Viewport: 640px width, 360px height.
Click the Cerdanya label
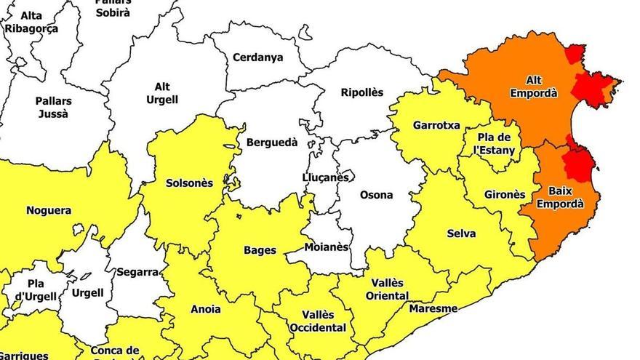tap(258, 57)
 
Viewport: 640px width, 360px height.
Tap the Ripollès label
tap(361, 92)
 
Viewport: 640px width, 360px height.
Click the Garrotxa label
tap(436, 125)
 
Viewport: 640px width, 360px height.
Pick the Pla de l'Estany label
tap(495, 144)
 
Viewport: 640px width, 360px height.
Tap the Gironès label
tap(504, 195)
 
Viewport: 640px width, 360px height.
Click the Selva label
tap(461, 233)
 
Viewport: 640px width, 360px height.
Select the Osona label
tap(376, 195)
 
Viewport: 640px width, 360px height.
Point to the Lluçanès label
tap(325, 177)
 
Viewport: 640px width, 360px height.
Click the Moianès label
tap(324, 247)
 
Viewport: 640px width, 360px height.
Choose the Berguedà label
tap(272, 143)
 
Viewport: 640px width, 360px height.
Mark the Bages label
tap(260, 250)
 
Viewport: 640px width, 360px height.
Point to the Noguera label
tap(49, 211)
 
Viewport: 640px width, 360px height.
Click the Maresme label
tap(433, 308)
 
